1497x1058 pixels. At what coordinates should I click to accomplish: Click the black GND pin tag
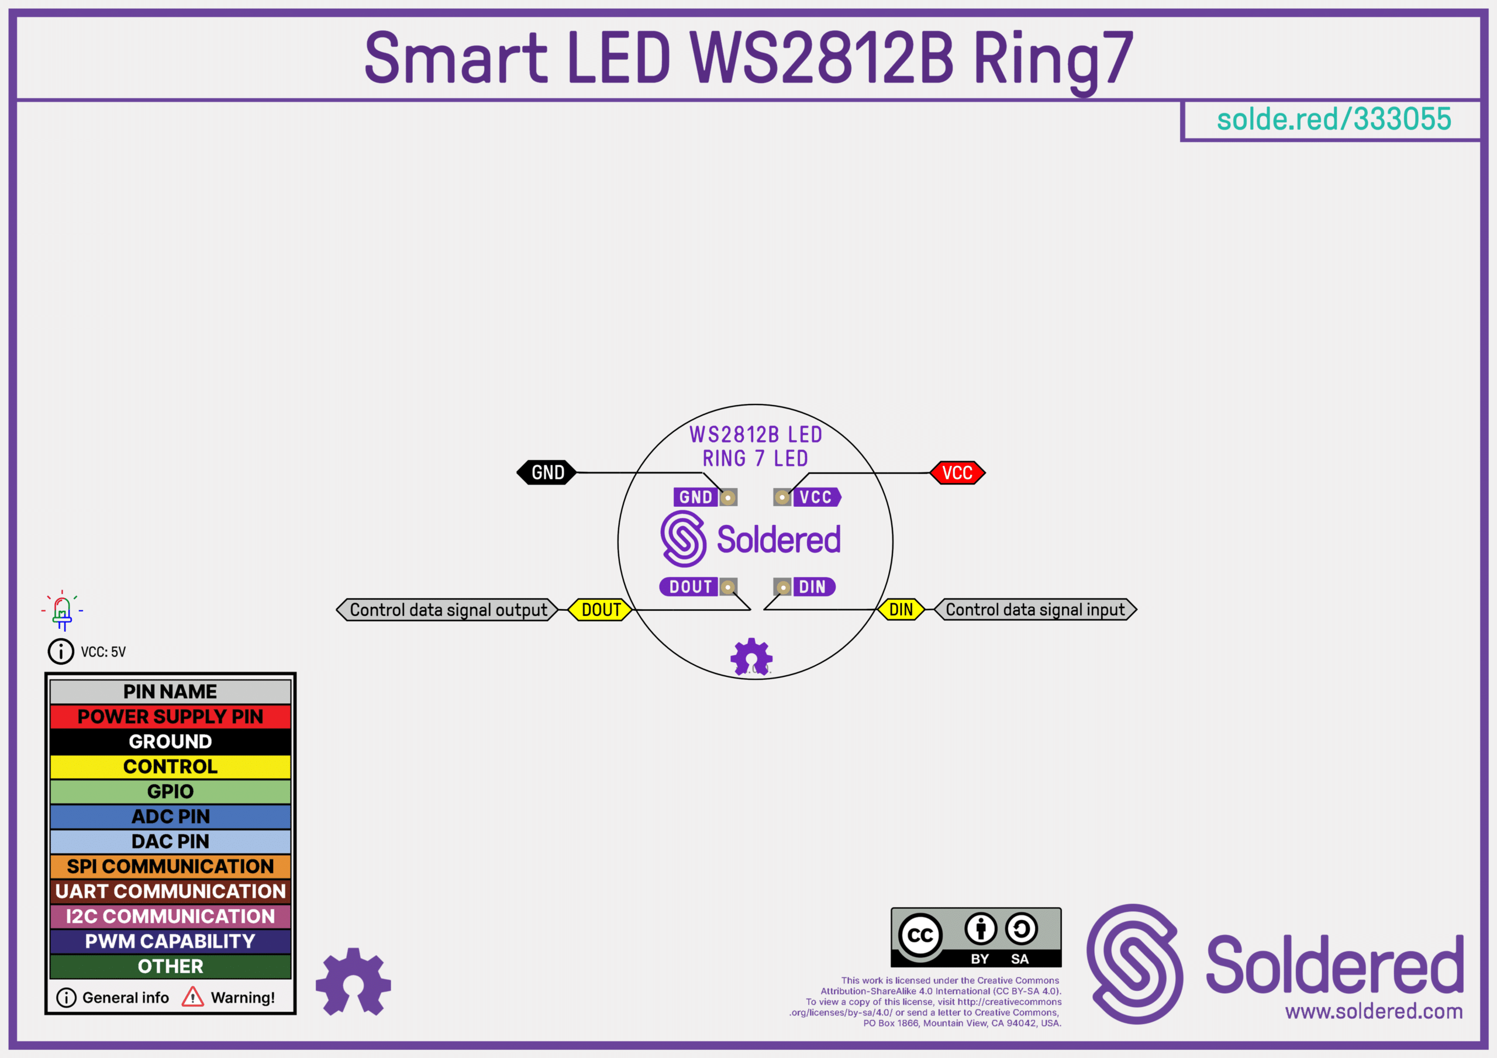(x=546, y=473)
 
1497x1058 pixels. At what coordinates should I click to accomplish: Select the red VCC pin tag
(x=957, y=473)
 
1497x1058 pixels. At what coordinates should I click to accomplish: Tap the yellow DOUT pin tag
(x=601, y=610)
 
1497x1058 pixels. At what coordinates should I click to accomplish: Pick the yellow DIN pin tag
(x=901, y=610)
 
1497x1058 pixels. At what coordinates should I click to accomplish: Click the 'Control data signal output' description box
(x=447, y=610)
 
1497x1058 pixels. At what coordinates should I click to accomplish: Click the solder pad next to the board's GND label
(x=727, y=497)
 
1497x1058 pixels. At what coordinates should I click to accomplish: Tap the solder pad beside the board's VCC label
(x=782, y=497)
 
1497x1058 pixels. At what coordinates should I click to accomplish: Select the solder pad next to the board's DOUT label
(x=727, y=587)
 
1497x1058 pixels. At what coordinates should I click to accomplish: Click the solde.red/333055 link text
(x=1333, y=119)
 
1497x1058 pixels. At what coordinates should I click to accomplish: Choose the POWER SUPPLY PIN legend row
(x=170, y=717)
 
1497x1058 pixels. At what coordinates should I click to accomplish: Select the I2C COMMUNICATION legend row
(x=170, y=916)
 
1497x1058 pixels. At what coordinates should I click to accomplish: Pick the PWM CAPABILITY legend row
(x=170, y=941)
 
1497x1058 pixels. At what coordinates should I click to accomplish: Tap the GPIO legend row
(x=170, y=791)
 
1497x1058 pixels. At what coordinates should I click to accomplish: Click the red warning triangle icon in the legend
(x=192, y=997)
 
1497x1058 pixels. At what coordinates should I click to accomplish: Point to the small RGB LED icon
(x=63, y=611)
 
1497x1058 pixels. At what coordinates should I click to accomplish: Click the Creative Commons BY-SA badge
(x=975, y=937)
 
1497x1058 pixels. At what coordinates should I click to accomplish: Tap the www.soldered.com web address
(x=1374, y=1011)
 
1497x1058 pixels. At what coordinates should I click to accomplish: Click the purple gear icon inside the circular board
(x=751, y=656)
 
